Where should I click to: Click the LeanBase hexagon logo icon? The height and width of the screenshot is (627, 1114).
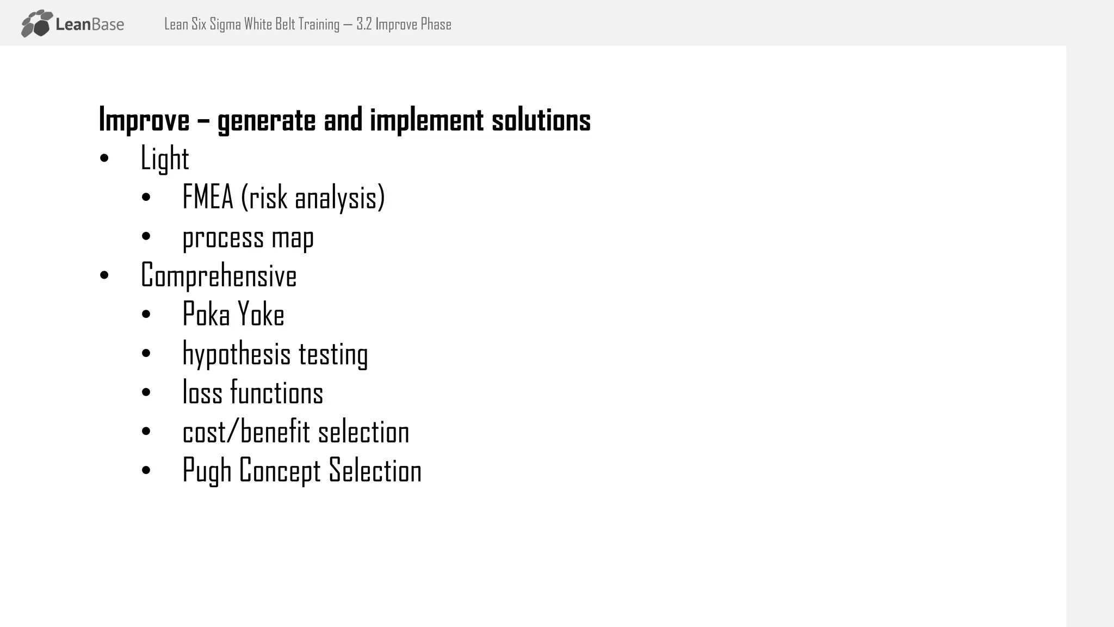37,23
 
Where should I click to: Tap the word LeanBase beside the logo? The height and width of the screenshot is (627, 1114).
90,24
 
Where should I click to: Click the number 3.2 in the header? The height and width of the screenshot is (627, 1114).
364,24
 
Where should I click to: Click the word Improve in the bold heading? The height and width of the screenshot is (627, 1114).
144,120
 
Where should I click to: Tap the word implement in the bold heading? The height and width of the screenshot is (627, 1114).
426,120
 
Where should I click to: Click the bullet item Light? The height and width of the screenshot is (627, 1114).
164,159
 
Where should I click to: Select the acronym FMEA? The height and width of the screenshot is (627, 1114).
207,197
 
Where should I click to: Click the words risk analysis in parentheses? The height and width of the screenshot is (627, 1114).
313,198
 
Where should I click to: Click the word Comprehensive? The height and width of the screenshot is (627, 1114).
219,275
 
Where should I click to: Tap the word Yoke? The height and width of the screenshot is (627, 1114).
261,315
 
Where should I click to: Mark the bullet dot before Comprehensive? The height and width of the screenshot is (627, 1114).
104,275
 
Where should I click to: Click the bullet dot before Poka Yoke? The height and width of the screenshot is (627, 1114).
146,315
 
